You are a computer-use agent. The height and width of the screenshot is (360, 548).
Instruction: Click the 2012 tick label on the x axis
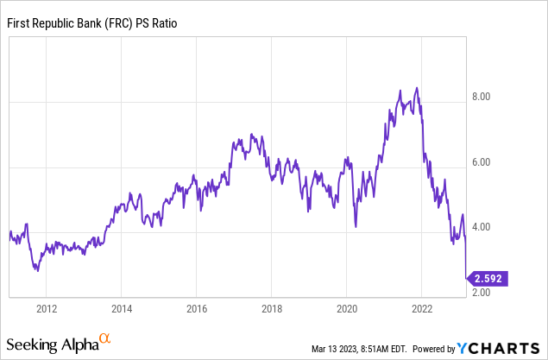point(47,308)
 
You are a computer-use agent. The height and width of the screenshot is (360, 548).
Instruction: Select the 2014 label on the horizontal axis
point(122,308)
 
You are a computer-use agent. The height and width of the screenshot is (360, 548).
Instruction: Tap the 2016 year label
point(197,308)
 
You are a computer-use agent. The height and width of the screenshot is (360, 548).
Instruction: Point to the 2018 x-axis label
point(272,308)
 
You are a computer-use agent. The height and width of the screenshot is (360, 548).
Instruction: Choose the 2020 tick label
point(347,308)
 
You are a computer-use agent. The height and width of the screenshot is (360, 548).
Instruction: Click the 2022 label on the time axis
point(422,308)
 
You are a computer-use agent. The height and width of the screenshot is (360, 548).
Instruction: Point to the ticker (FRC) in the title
point(128,25)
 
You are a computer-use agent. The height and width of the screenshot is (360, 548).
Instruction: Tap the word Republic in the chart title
point(58,25)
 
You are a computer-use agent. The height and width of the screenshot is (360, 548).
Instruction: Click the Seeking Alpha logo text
point(54,344)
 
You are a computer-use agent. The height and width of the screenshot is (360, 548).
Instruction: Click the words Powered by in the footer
point(434,349)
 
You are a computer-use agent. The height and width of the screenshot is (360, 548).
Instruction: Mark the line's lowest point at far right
point(467,277)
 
